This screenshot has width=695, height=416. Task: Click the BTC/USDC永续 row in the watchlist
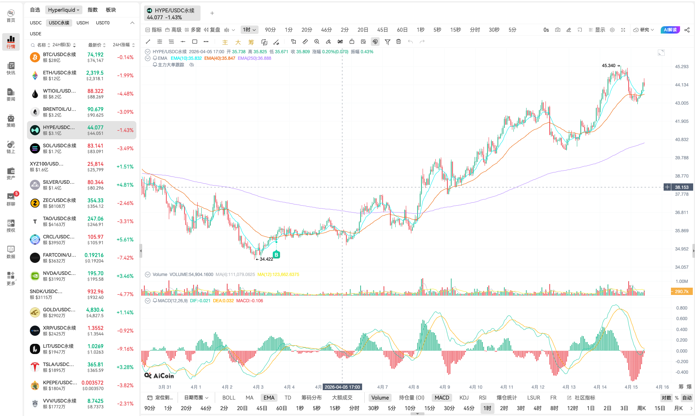coord(81,57)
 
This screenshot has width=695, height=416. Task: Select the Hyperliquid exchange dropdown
coord(63,10)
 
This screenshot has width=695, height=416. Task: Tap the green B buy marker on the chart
coord(276,255)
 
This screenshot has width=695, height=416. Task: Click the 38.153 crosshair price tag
coord(682,187)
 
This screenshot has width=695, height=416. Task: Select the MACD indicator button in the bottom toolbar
coord(442,398)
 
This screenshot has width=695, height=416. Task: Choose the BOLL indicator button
coord(229,398)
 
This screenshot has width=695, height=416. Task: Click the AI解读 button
coord(670,30)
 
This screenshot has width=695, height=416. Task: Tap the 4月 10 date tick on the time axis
coord(475,387)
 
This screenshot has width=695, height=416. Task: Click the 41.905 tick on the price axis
coord(682,121)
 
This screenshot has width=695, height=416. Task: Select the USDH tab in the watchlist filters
coord(82,23)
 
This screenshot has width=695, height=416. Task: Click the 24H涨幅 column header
coord(123,45)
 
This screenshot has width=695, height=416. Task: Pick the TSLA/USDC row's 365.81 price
coord(95,365)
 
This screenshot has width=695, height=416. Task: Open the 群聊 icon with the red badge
coord(11,199)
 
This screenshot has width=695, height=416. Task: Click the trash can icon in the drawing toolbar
coord(399,42)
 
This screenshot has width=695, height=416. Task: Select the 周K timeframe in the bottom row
coord(641,408)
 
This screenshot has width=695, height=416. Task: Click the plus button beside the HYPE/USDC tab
coord(212,13)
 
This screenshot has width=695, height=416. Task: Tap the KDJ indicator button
coord(464,398)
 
